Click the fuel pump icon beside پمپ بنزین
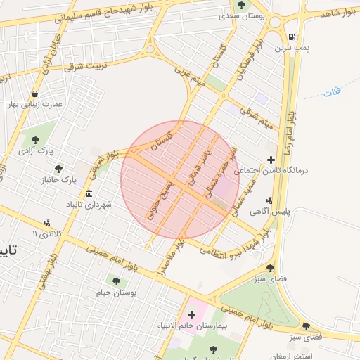(291, 37)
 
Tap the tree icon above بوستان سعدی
(242, 5)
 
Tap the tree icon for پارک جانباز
(58, 169)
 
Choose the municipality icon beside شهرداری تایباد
(89, 193)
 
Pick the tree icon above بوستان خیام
(116, 281)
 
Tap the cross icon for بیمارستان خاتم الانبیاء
(191, 314)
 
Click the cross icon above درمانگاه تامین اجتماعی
(272, 160)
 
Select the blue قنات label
(333, 92)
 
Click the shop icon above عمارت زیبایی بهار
(34, 93)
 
